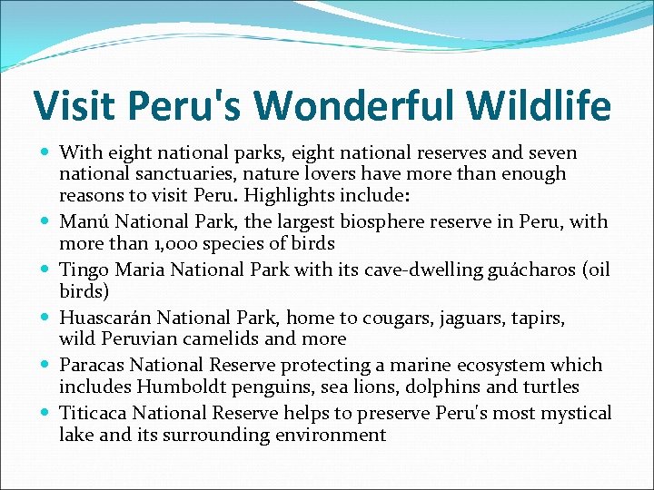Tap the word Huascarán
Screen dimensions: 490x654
coord(105,318)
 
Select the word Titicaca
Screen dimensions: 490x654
coord(93,413)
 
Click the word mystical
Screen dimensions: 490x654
coord(577,414)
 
